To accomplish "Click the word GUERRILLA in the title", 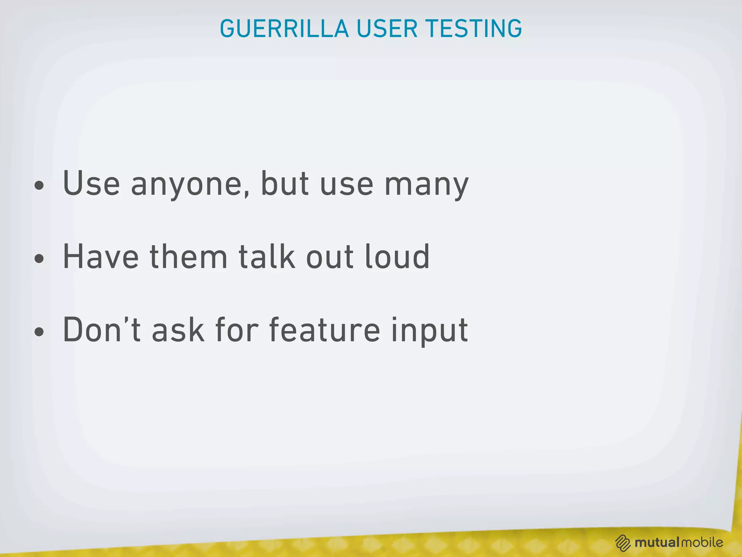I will [x=284, y=29].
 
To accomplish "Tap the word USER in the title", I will [x=387, y=29].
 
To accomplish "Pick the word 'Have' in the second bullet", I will [x=101, y=256].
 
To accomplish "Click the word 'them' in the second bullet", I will [x=188, y=256].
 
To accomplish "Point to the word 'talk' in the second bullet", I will [x=267, y=256].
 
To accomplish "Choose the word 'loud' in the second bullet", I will [x=397, y=256].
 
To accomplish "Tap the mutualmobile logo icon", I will [x=623, y=543].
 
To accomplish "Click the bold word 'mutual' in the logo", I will [x=657, y=542].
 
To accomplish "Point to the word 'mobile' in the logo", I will [x=702, y=542].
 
